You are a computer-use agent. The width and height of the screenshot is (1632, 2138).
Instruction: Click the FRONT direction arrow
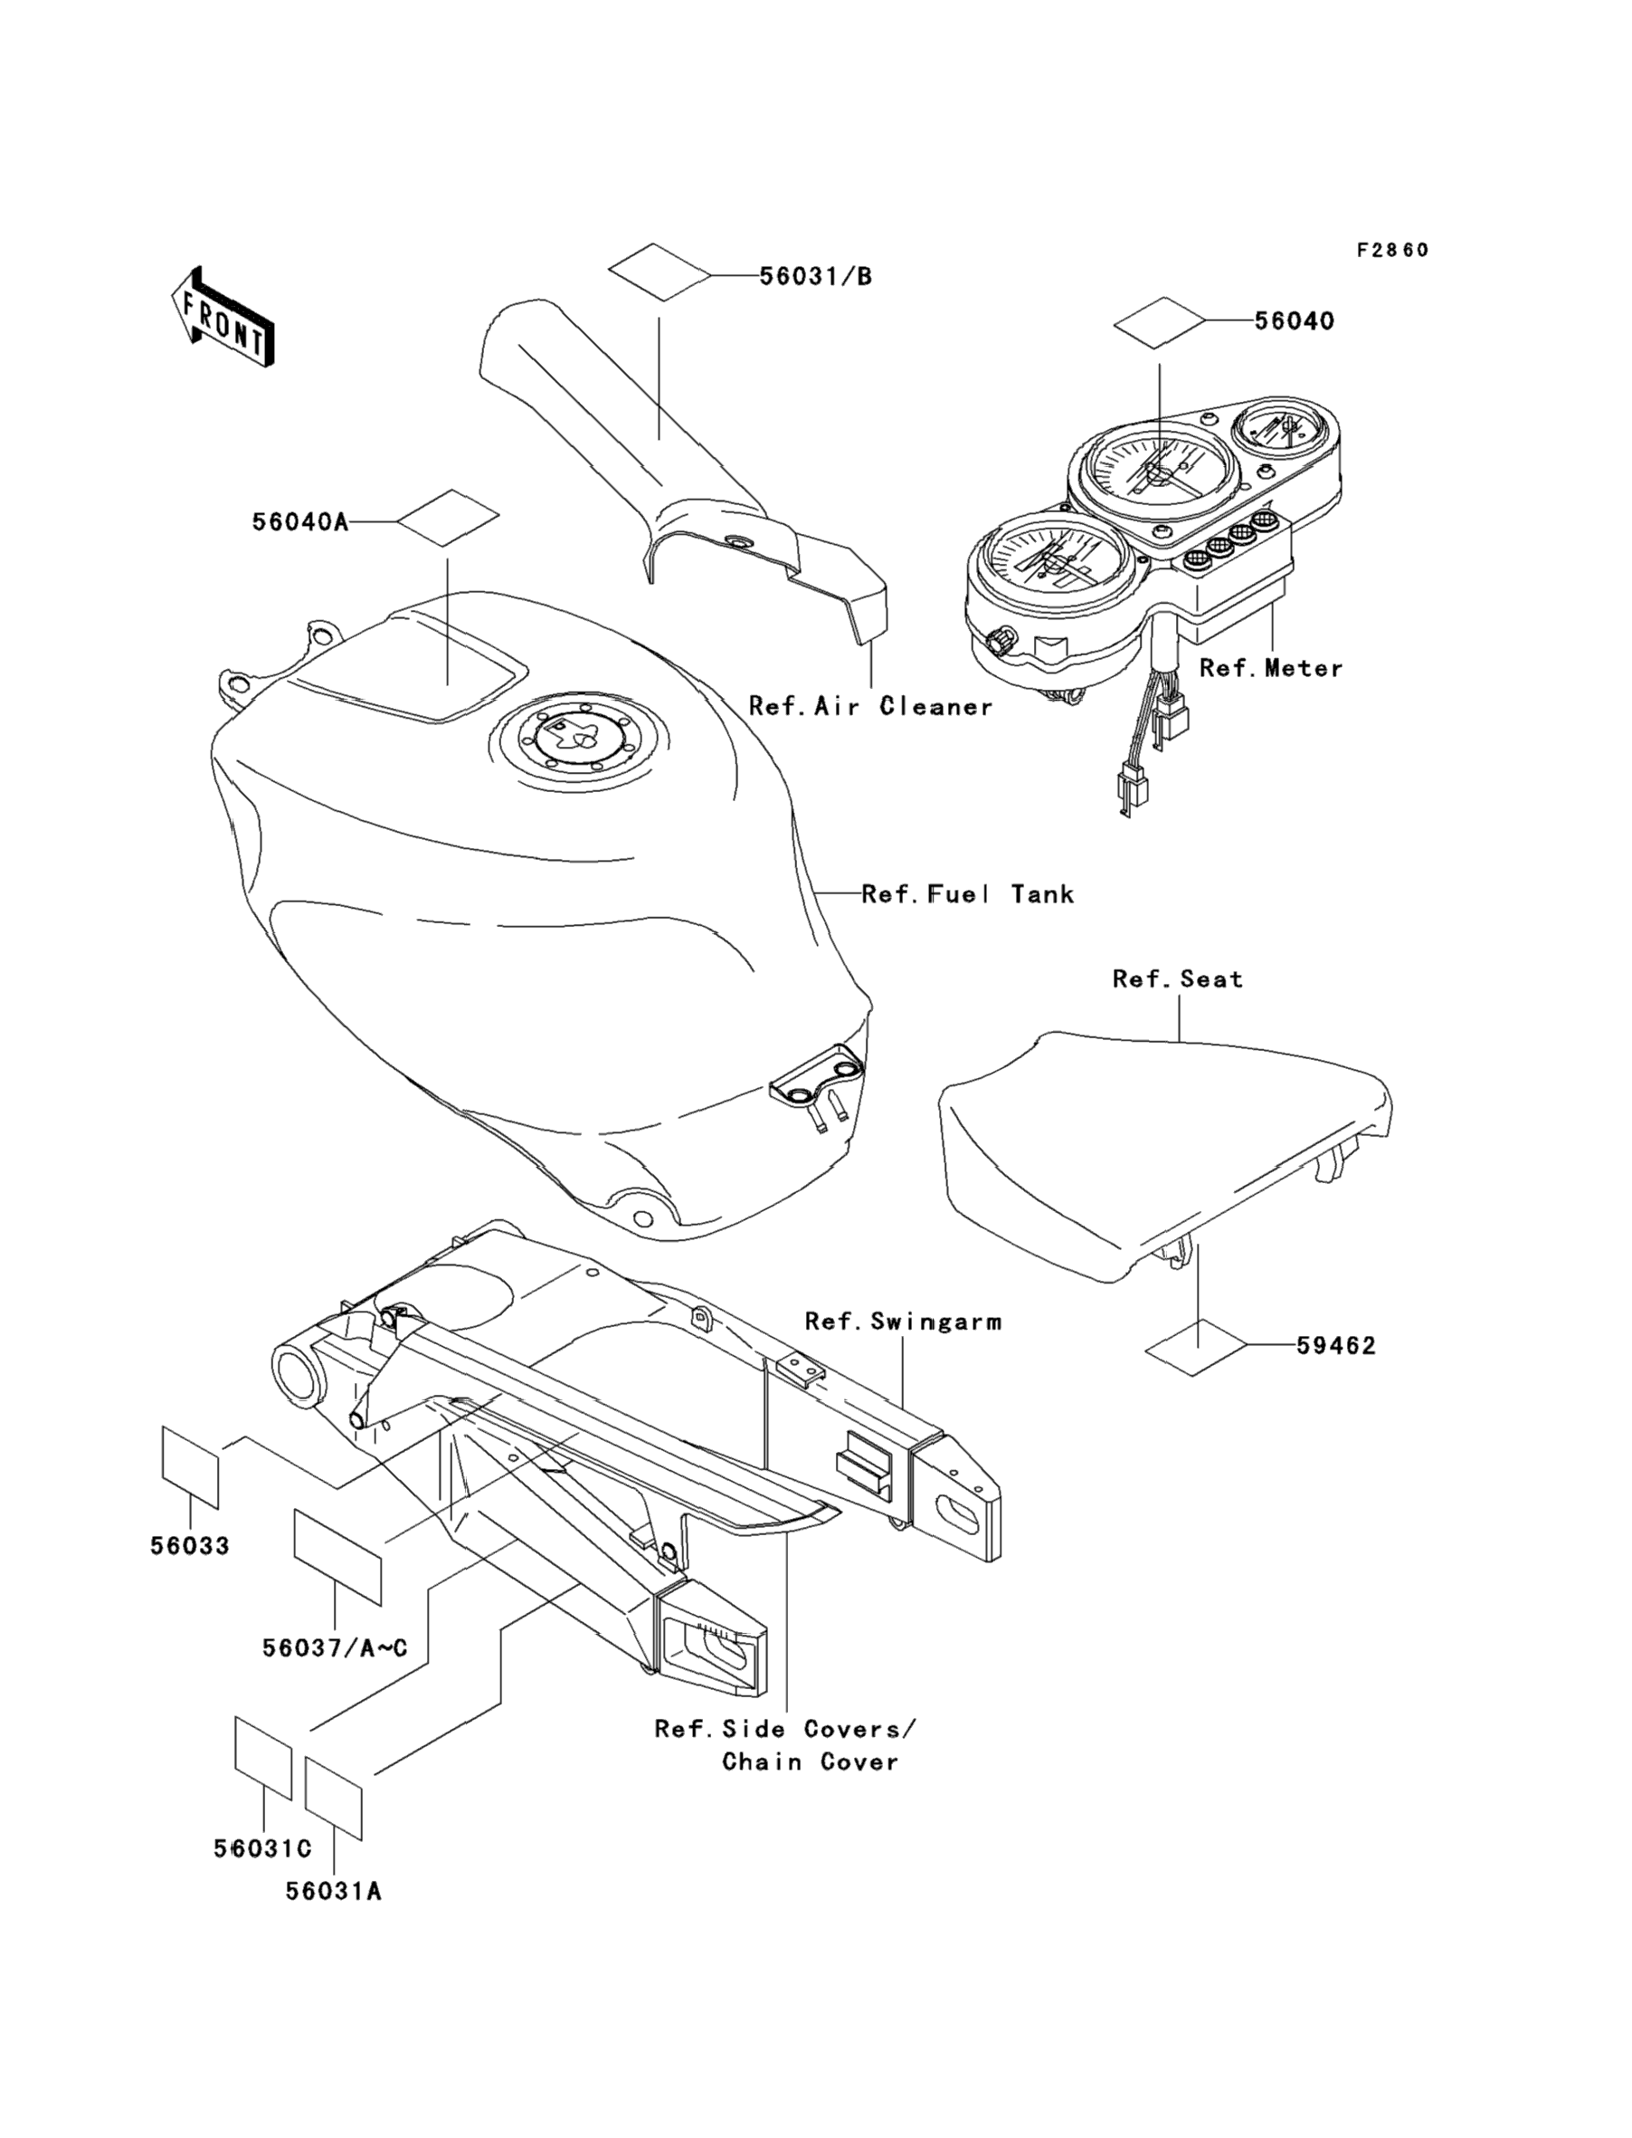click(x=223, y=318)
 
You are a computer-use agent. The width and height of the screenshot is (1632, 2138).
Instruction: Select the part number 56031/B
click(x=815, y=277)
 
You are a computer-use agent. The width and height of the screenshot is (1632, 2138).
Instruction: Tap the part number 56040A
click(x=299, y=523)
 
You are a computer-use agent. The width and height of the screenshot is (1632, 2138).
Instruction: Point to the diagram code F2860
click(x=1392, y=251)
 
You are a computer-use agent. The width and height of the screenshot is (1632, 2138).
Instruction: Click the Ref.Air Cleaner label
click(x=870, y=707)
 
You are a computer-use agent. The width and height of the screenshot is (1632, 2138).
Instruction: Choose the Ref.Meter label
click(x=1271, y=669)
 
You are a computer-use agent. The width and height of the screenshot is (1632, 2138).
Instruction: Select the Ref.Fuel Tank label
click(x=968, y=894)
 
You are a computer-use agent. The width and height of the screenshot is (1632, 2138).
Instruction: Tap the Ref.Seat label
click(x=1177, y=978)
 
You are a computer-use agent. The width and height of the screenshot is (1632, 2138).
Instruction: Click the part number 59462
click(x=1335, y=1346)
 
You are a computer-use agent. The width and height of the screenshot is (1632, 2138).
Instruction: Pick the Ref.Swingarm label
click(x=903, y=1322)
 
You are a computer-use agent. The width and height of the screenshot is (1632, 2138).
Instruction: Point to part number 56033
click(x=189, y=1545)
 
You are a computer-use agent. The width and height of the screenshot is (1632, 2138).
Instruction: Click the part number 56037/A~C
click(x=334, y=1648)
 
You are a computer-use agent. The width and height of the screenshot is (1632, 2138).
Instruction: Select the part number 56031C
click(x=262, y=1848)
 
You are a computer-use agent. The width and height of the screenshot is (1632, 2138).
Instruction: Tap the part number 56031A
click(x=333, y=1891)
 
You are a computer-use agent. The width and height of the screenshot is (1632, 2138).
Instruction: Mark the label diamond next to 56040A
click(x=448, y=523)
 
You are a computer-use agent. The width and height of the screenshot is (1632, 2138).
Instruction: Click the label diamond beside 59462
click(x=1197, y=1347)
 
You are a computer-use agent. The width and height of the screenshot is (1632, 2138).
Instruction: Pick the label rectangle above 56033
click(x=190, y=1467)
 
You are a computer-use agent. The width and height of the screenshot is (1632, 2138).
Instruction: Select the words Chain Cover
click(x=811, y=1762)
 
